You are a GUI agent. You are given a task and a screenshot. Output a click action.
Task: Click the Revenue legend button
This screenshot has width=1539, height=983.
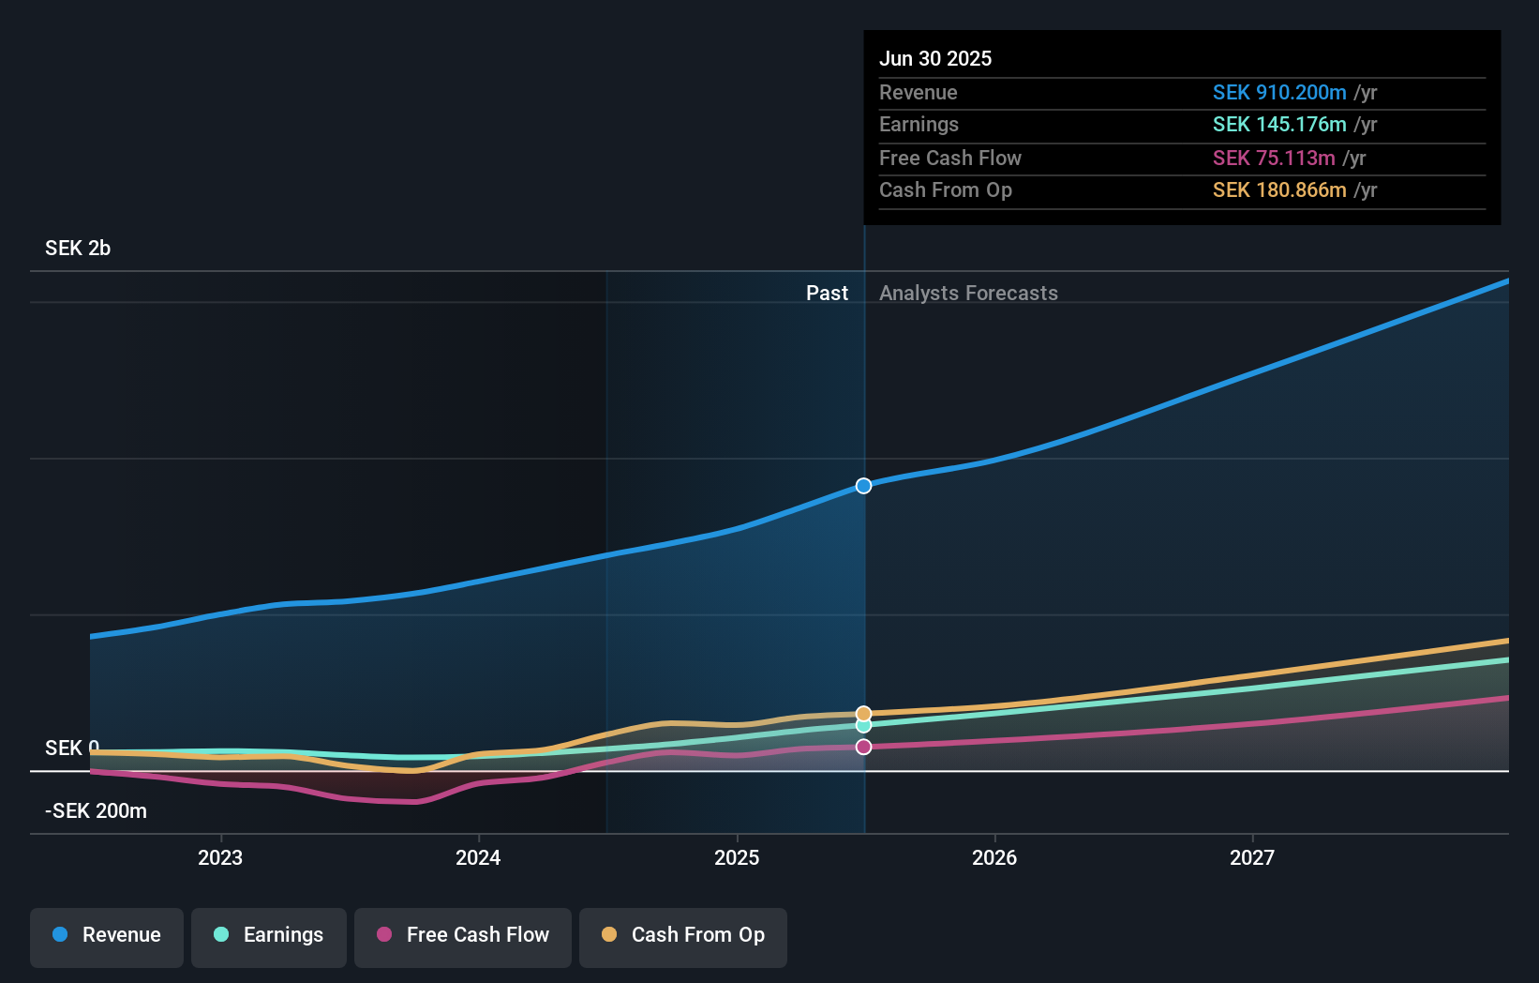pos(107,935)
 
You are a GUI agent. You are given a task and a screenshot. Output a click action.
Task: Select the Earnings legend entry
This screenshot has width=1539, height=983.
pos(269,935)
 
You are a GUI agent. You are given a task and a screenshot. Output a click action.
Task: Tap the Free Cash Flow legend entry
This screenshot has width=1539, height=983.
pos(463,935)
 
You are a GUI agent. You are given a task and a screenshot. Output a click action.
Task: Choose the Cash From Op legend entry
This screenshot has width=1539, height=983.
pos(683,935)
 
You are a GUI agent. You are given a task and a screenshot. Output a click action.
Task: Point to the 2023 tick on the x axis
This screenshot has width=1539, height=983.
pos(220,857)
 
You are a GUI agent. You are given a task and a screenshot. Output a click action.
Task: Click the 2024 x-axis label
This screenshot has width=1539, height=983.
pos(478,857)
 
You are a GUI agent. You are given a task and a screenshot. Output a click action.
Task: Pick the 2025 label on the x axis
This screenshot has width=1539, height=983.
pos(737,857)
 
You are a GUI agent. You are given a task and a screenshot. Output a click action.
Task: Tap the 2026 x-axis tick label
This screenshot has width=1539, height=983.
pos(994,857)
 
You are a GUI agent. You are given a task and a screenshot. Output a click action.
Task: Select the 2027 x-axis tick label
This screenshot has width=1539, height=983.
pos(1252,857)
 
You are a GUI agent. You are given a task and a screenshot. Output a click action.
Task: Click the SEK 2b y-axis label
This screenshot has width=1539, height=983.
pos(78,249)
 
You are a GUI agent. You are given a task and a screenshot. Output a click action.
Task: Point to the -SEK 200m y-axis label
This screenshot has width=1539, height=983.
pos(96,811)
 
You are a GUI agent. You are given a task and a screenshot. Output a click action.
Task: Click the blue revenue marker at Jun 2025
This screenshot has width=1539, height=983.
pos(864,486)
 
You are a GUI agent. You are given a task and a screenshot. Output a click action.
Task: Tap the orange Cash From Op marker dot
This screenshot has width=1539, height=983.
pos(864,714)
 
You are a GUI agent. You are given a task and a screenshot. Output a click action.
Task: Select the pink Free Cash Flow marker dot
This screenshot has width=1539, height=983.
pos(864,747)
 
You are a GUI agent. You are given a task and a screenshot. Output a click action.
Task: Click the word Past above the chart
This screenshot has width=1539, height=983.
pos(827,294)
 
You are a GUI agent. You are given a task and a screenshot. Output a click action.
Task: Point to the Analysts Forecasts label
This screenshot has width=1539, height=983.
pos(968,294)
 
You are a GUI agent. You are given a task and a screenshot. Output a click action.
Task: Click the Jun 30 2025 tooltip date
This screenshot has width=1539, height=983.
pos(935,59)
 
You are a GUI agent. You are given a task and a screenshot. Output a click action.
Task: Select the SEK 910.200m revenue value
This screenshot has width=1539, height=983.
pos(1279,93)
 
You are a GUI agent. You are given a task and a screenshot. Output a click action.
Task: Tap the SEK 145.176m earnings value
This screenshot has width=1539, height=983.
pos(1279,125)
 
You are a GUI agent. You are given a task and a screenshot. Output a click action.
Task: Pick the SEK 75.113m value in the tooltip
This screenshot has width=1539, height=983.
pos(1274,159)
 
